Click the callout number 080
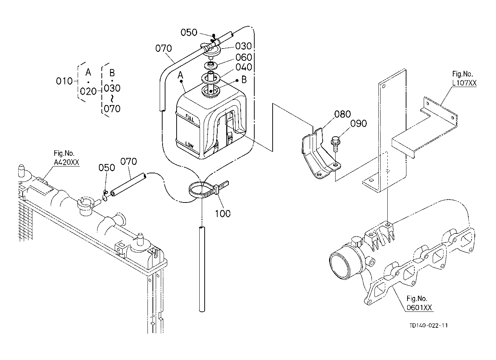click(342, 114)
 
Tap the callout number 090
click(359, 123)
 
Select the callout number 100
click(223, 214)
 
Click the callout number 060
click(244, 57)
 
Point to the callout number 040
click(244, 67)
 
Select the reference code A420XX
click(67, 163)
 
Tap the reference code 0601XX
click(419, 308)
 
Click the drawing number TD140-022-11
click(428, 325)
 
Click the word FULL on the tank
click(190, 118)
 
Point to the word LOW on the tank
click(189, 145)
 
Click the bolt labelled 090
click(335, 144)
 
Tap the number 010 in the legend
click(64, 81)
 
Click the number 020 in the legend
click(88, 91)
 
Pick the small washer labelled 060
click(210, 65)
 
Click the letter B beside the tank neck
click(244, 80)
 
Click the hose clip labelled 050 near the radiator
click(105, 196)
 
